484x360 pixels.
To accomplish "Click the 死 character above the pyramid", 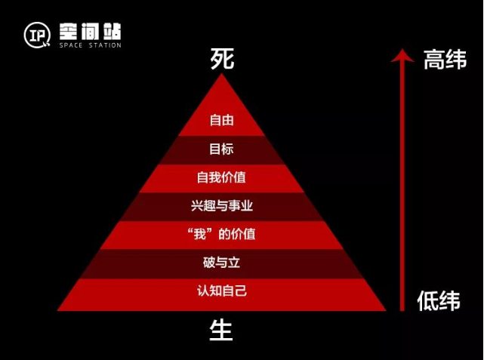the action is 222,60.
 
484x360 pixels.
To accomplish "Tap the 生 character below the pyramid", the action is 221,330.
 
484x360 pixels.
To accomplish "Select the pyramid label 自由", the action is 221,120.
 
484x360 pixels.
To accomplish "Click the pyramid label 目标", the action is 221,149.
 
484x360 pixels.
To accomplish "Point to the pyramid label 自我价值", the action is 221,177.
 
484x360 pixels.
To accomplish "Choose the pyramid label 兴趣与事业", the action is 221,205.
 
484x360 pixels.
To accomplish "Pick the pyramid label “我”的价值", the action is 221,234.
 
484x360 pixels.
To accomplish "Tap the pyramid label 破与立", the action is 221,263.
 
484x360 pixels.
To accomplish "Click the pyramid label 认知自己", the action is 221,291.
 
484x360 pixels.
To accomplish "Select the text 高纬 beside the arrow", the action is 445,60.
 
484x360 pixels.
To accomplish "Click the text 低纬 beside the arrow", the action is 439,300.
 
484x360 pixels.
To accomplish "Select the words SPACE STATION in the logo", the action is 90,46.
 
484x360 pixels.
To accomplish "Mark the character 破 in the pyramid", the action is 209,263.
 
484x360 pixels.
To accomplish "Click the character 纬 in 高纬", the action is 455,60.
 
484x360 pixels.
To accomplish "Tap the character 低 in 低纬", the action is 428,300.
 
